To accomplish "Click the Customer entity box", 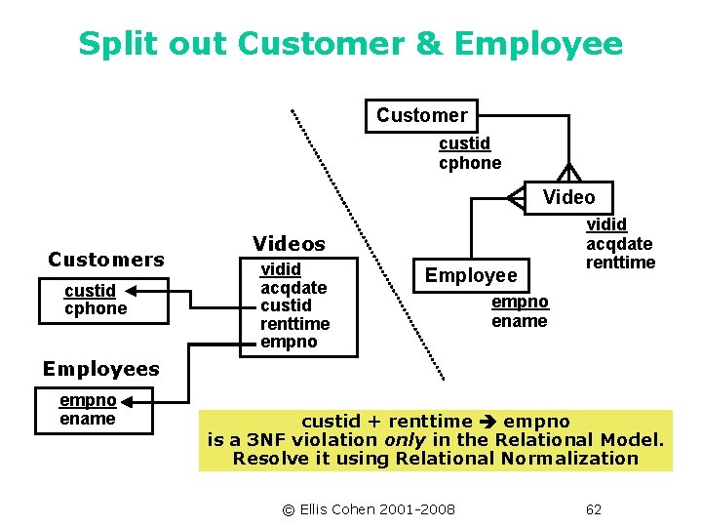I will [421, 115].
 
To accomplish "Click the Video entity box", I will [567, 197].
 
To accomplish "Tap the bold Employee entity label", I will [471, 276].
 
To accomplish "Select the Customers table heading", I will [106, 260].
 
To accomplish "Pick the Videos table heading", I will [289, 243].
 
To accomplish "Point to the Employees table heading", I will [100, 369].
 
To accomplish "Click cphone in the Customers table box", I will [96, 308].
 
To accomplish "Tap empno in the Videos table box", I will [289, 342].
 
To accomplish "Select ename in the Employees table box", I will [88, 419].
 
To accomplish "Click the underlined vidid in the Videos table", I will [280, 268].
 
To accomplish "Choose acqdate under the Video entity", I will [618, 244].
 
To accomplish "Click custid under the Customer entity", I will [464, 144].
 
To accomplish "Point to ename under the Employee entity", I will [519, 321].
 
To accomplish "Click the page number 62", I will [594, 509].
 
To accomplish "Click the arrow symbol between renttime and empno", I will [488, 422].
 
